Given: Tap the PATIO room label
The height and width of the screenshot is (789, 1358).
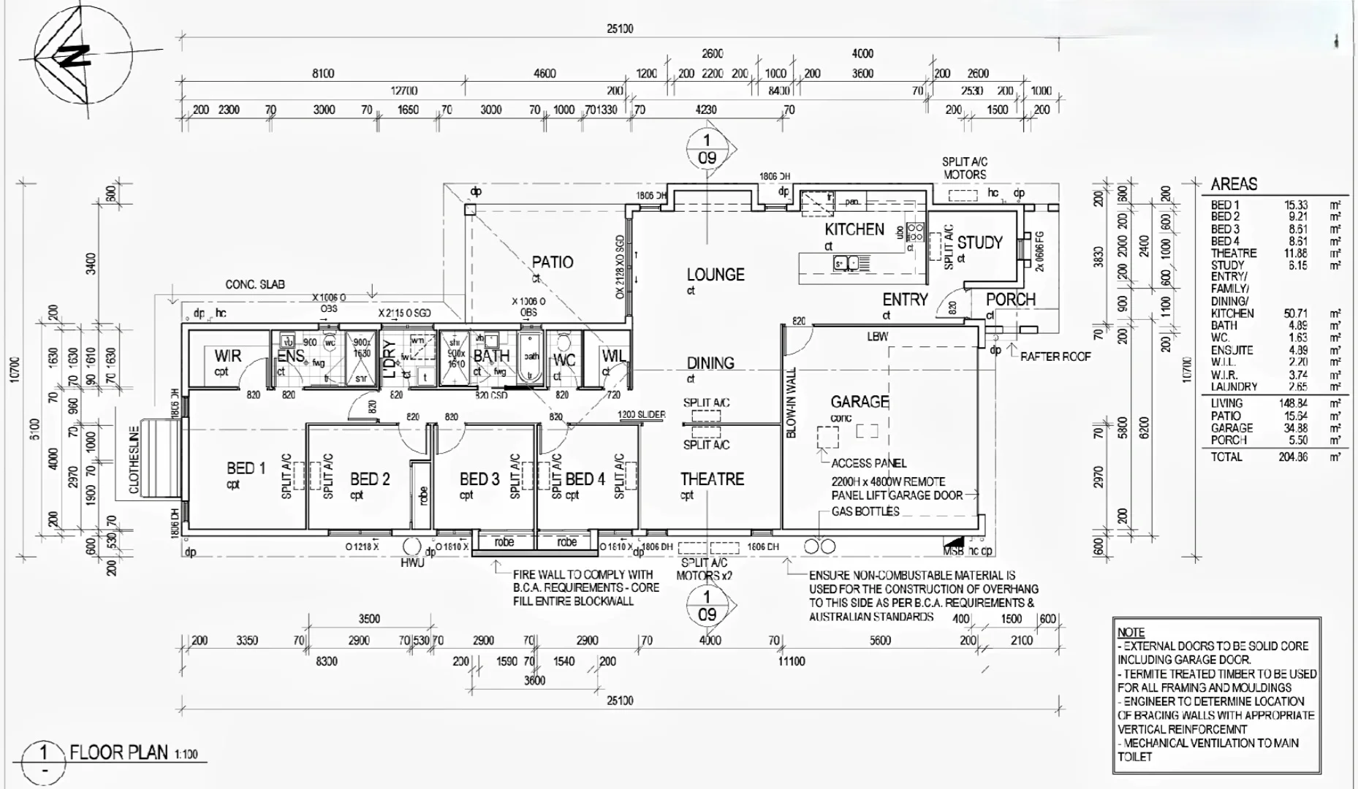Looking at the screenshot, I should (x=552, y=262).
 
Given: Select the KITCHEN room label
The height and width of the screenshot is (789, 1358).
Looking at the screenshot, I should (x=854, y=229).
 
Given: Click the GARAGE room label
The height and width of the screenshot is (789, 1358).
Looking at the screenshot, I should (x=860, y=402).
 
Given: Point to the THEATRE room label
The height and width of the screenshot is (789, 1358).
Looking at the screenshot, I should (x=712, y=479).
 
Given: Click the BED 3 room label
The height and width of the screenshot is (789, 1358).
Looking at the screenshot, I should (x=479, y=479).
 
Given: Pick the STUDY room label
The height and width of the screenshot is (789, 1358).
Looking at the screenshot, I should (x=979, y=243).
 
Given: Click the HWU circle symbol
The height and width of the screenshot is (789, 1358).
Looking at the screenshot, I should (x=411, y=547).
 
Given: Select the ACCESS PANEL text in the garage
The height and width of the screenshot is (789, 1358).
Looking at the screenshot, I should (x=868, y=463).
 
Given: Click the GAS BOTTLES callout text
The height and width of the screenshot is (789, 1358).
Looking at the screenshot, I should (x=865, y=511).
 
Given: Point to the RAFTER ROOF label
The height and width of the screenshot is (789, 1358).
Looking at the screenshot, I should (x=1055, y=357).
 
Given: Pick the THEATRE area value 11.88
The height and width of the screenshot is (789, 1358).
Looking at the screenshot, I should (x=1295, y=254).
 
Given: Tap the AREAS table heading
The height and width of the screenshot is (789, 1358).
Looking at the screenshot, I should (x=1234, y=184).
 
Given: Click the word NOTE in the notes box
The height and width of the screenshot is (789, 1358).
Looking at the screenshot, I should (x=1131, y=633).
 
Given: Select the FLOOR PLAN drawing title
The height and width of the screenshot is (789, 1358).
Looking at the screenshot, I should (x=118, y=752).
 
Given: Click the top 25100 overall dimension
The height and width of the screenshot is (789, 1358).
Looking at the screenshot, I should (x=620, y=29).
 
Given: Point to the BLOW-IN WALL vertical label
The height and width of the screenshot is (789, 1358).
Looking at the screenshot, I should (x=791, y=403).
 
